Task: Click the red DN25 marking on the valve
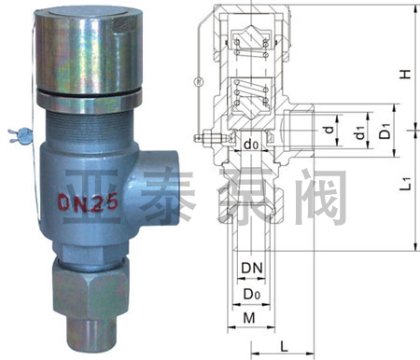tap(89, 203)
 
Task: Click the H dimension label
tap(405, 74)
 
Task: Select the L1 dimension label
tap(406, 184)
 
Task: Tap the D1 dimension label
tap(385, 131)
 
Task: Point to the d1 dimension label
tap(359, 132)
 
